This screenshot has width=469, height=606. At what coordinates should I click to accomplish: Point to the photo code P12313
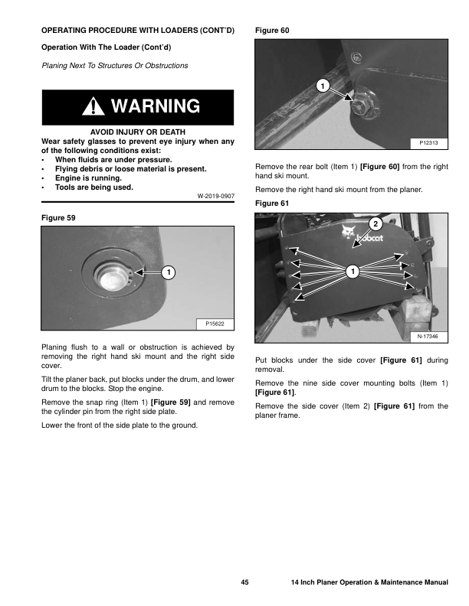click(429, 143)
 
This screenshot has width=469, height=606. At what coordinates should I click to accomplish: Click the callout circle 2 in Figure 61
click(376, 223)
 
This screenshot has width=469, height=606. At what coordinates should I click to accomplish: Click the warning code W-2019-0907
click(215, 197)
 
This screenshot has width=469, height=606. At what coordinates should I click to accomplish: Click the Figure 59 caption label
click(58, 218)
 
